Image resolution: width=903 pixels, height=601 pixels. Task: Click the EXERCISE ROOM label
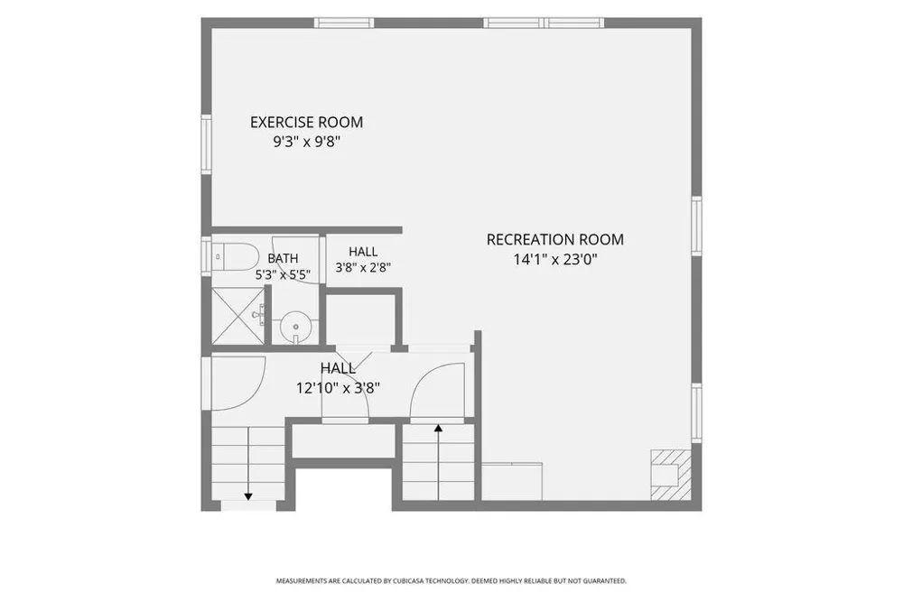[306, 122]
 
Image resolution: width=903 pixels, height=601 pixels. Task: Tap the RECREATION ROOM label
[555, 239]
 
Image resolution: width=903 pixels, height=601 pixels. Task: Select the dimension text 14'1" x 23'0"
[555, 260]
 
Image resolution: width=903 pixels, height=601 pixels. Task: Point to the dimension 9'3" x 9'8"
[306, 142]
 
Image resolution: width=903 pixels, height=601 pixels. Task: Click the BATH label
[283, 259]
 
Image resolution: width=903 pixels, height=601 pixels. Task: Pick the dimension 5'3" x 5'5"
[283, 275]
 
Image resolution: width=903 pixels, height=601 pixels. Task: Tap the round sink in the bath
[295, 328]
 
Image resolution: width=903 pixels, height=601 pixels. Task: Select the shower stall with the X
[237, 315]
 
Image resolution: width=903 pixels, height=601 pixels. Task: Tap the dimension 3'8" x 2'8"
[363, 268]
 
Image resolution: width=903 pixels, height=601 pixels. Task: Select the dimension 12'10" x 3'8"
[338, 389]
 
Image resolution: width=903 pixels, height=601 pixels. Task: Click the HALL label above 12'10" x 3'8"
[338, 368]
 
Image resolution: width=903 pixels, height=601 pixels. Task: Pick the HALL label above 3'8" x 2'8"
[363, 252]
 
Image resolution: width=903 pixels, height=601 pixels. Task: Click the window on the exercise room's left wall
[206, 143]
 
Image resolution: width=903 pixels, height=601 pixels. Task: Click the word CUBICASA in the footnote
[409, 581]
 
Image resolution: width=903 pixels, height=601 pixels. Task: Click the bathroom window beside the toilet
[206, 257]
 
